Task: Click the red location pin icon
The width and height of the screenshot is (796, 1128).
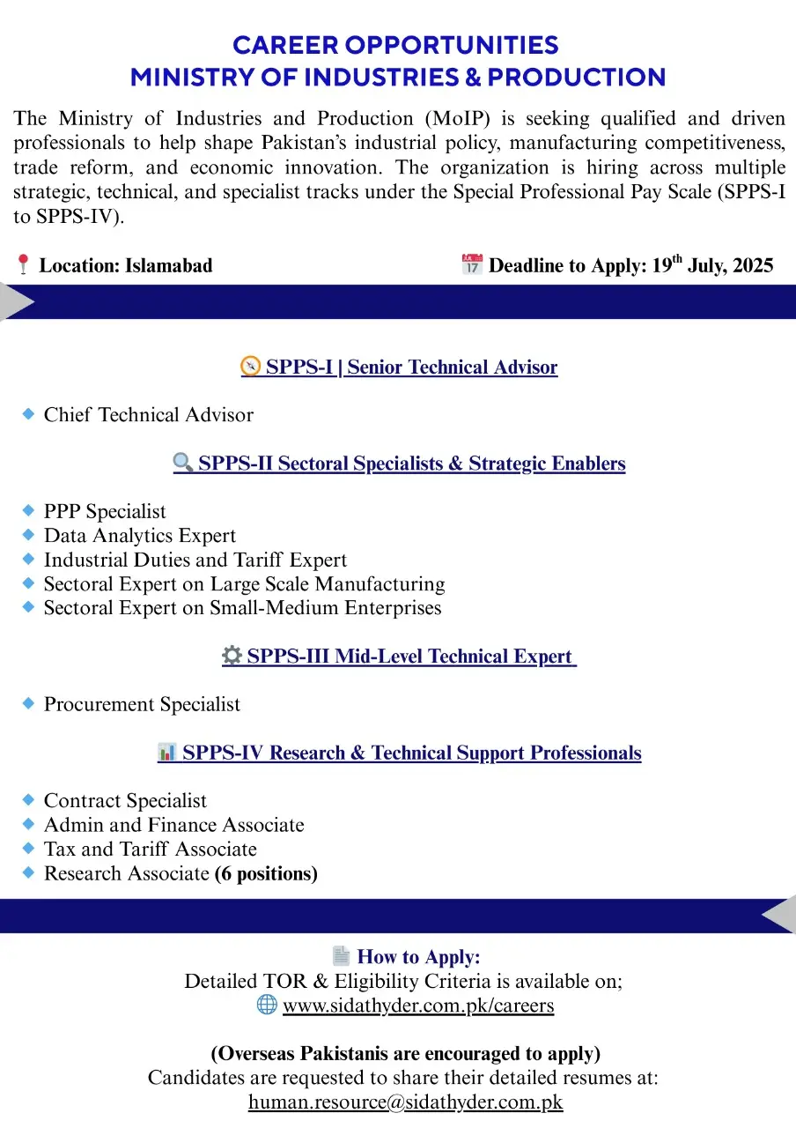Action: (x=23, y=264)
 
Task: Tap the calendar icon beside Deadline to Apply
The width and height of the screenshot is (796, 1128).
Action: (x=472, y=264)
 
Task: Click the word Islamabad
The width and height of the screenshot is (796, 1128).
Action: (x=168, y=265)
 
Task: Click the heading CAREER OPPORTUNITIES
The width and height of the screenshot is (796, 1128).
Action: (x=395, y=46)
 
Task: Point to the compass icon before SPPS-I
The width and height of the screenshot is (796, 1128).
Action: (x=251, y=367)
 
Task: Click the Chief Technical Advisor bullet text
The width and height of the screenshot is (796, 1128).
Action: (x=149, y=415)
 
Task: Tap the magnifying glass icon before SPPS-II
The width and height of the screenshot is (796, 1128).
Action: (x=183, y=463)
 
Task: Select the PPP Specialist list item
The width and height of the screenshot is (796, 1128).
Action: (x=105, y=512)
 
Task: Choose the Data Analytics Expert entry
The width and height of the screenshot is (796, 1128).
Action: (x=140, y=536)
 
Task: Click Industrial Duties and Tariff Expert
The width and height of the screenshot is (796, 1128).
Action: (x=195, y=560)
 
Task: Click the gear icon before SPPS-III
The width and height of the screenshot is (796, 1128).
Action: (x=232, y=657)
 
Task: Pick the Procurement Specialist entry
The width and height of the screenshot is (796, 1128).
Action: (x=142, y=704)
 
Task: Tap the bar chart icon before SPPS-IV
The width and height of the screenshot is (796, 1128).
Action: (x=166, y=753)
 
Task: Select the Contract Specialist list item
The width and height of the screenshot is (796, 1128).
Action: (x=125, y=801)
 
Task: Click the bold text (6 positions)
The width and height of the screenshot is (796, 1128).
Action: (x=266, y=874)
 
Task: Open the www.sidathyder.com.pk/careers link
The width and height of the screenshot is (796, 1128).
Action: (x=418, y=1006)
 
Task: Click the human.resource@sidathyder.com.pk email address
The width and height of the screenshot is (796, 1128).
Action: (x=406, y=1102)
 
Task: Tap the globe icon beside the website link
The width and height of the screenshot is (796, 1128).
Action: (x=267, y=1005)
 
